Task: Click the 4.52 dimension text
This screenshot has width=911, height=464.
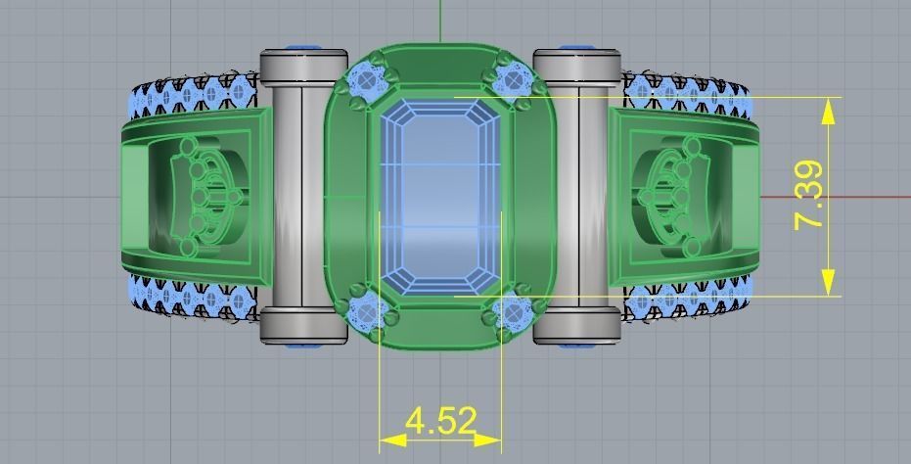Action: pos(439,421)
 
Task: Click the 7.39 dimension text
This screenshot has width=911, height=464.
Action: pos(809,196)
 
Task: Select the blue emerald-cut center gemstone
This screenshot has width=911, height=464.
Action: pos(439,196)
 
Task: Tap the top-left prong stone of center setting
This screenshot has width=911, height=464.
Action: pos(367,78)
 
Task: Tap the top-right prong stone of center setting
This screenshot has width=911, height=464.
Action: pos(512,78)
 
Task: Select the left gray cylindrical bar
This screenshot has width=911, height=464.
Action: pos(304,196)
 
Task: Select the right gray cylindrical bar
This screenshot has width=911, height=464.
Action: pos(576,196)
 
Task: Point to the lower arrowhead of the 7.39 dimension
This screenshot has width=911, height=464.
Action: pos(830,282)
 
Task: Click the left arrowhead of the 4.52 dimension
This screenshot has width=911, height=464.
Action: pos(391,440)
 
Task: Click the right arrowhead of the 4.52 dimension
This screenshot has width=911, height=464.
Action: pos(489,440)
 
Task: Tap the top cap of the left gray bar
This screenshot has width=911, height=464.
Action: pos(304,66)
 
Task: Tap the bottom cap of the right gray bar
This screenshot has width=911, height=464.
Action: pos(576,325)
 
